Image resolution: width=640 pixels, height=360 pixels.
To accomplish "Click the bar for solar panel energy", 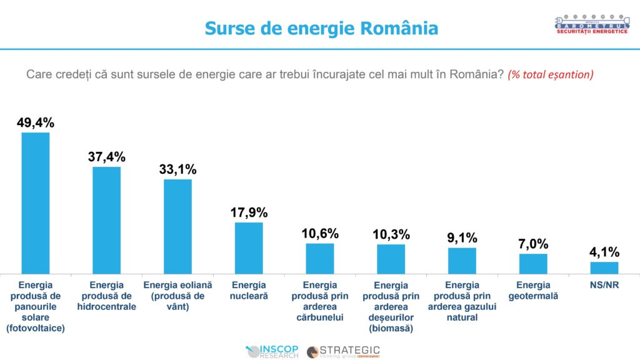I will (36, 203).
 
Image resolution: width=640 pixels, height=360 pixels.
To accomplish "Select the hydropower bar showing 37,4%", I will (106, 220).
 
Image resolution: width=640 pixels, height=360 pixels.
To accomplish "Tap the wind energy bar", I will (177, 226).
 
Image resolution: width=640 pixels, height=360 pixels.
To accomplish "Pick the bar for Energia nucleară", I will (249, 247).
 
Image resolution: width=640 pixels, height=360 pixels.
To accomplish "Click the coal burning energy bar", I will (320, 258).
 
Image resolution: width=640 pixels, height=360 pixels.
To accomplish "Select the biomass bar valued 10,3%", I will (391, 259).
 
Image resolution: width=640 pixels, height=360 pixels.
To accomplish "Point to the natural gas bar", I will (462, 260).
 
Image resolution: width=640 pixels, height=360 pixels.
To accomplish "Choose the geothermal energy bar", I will (533, 263).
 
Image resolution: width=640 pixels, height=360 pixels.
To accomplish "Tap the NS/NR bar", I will (604, 267).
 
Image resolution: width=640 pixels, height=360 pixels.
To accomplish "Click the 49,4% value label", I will (36, 122).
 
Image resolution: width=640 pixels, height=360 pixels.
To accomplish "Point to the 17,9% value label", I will (249, 212).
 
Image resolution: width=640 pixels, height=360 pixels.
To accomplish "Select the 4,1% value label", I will (604, 252).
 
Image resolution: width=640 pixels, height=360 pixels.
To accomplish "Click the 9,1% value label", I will (462, 237).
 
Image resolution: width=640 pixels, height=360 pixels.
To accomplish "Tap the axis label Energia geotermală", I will (533, 291).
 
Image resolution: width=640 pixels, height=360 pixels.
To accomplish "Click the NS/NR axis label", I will (604, 285).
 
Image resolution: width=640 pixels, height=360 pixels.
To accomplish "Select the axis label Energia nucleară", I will (249, 291).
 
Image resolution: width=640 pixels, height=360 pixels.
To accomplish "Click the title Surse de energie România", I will (321, 28).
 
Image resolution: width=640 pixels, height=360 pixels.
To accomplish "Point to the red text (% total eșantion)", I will (550, 74).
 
